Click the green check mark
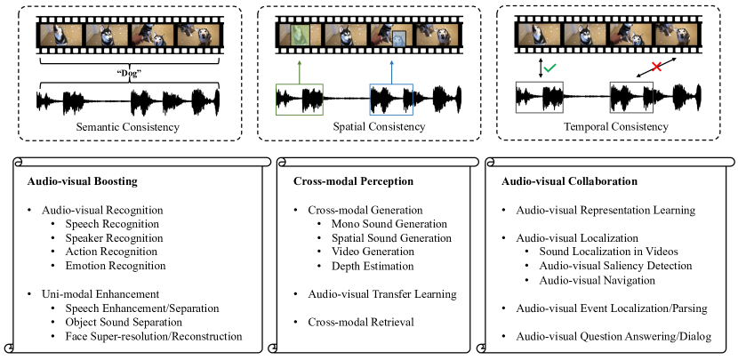click(551, 68)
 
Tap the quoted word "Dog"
click(127, 73)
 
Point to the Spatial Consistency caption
click(366, 127)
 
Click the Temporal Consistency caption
click(615, 127)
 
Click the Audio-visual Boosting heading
click(89, 181)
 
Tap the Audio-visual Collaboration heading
click(570, 181)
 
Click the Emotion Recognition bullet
click(116, 265)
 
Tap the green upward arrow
click(301, 69)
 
